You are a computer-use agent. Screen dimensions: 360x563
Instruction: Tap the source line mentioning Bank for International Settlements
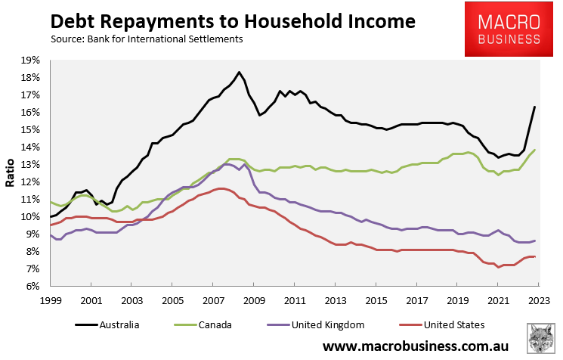tap(147, 39)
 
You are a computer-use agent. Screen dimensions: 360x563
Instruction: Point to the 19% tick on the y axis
tap(30, 61)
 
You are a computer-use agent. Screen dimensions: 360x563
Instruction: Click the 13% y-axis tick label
tap(30, 165)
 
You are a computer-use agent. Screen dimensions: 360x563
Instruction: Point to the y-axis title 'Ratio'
tap(10, 172)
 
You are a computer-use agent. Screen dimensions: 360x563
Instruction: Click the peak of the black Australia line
tap(239, 73)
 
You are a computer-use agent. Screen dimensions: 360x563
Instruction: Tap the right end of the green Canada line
tap(535, 150)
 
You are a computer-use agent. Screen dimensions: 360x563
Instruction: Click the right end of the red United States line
tap(535, 257)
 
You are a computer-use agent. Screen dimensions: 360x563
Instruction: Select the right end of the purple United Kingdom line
tap(535, 241)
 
